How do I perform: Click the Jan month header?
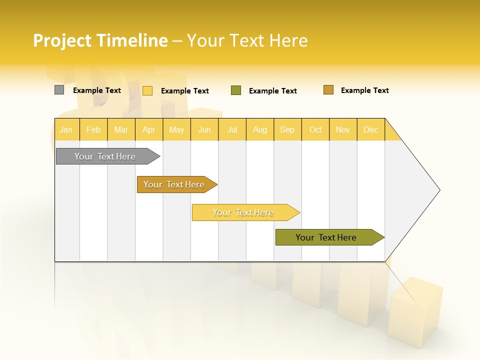pyautogui.click(x=66, y=129)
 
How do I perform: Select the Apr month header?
pyautogui.click(x=149, y=129)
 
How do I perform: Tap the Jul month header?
pyautogui.click(x=232, y=129)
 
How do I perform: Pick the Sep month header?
pyautogui.click(x=287, y=129)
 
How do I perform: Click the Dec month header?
pyautogui.click(x=370, y=129)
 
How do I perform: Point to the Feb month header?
pyautogui.click(x=93, y=129)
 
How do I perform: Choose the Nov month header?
pyautogui.click(x=342, y=129)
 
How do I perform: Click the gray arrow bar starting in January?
pyautogui.click(x=105, y=156)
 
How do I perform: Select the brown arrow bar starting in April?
pyautogui.click(x=174, y=184)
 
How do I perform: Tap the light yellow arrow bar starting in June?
pyautogui.click(x=243, y=212)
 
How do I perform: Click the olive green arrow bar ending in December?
pyautogui.click(x=326, y=237)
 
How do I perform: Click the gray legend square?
pyautogui.click(x=59, y=90)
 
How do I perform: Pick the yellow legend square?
pyautogui.click(x=147, y=90)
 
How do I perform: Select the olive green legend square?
pyautogui.click(x=236, y=90)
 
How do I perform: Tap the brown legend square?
pyautogui.click(x=328, y=90)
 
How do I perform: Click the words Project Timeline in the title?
pyautogui.click(x=100, y=40)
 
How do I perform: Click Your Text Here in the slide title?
pyautogui.click(x=247, y=40)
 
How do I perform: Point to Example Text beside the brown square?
pyautogui.click(x=364, y=90)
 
